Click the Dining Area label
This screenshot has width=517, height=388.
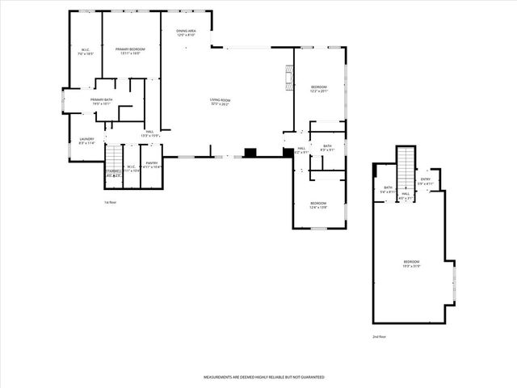tap(186, 33)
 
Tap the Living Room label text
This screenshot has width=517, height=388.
tap(221, 102)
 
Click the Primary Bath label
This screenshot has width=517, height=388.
tap(102, 101)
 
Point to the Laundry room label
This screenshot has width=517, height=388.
tap(86, 141)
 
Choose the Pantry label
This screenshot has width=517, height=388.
tap(152, 164)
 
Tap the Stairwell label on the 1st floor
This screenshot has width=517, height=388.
tap(113, 172)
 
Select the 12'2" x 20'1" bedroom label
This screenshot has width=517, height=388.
tap(319, 89)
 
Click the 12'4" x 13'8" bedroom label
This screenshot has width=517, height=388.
tap(318, 205)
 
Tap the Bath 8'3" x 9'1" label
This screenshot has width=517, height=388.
tap(328, 148)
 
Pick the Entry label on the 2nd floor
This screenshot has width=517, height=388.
tap(426, 183)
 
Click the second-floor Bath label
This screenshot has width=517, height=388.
tap(388, 190)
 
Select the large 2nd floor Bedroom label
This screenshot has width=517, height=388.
tap(412, 264)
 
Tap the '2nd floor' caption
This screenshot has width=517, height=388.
tap(379, 336)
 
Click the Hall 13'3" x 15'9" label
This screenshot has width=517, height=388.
tap(149, 133)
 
